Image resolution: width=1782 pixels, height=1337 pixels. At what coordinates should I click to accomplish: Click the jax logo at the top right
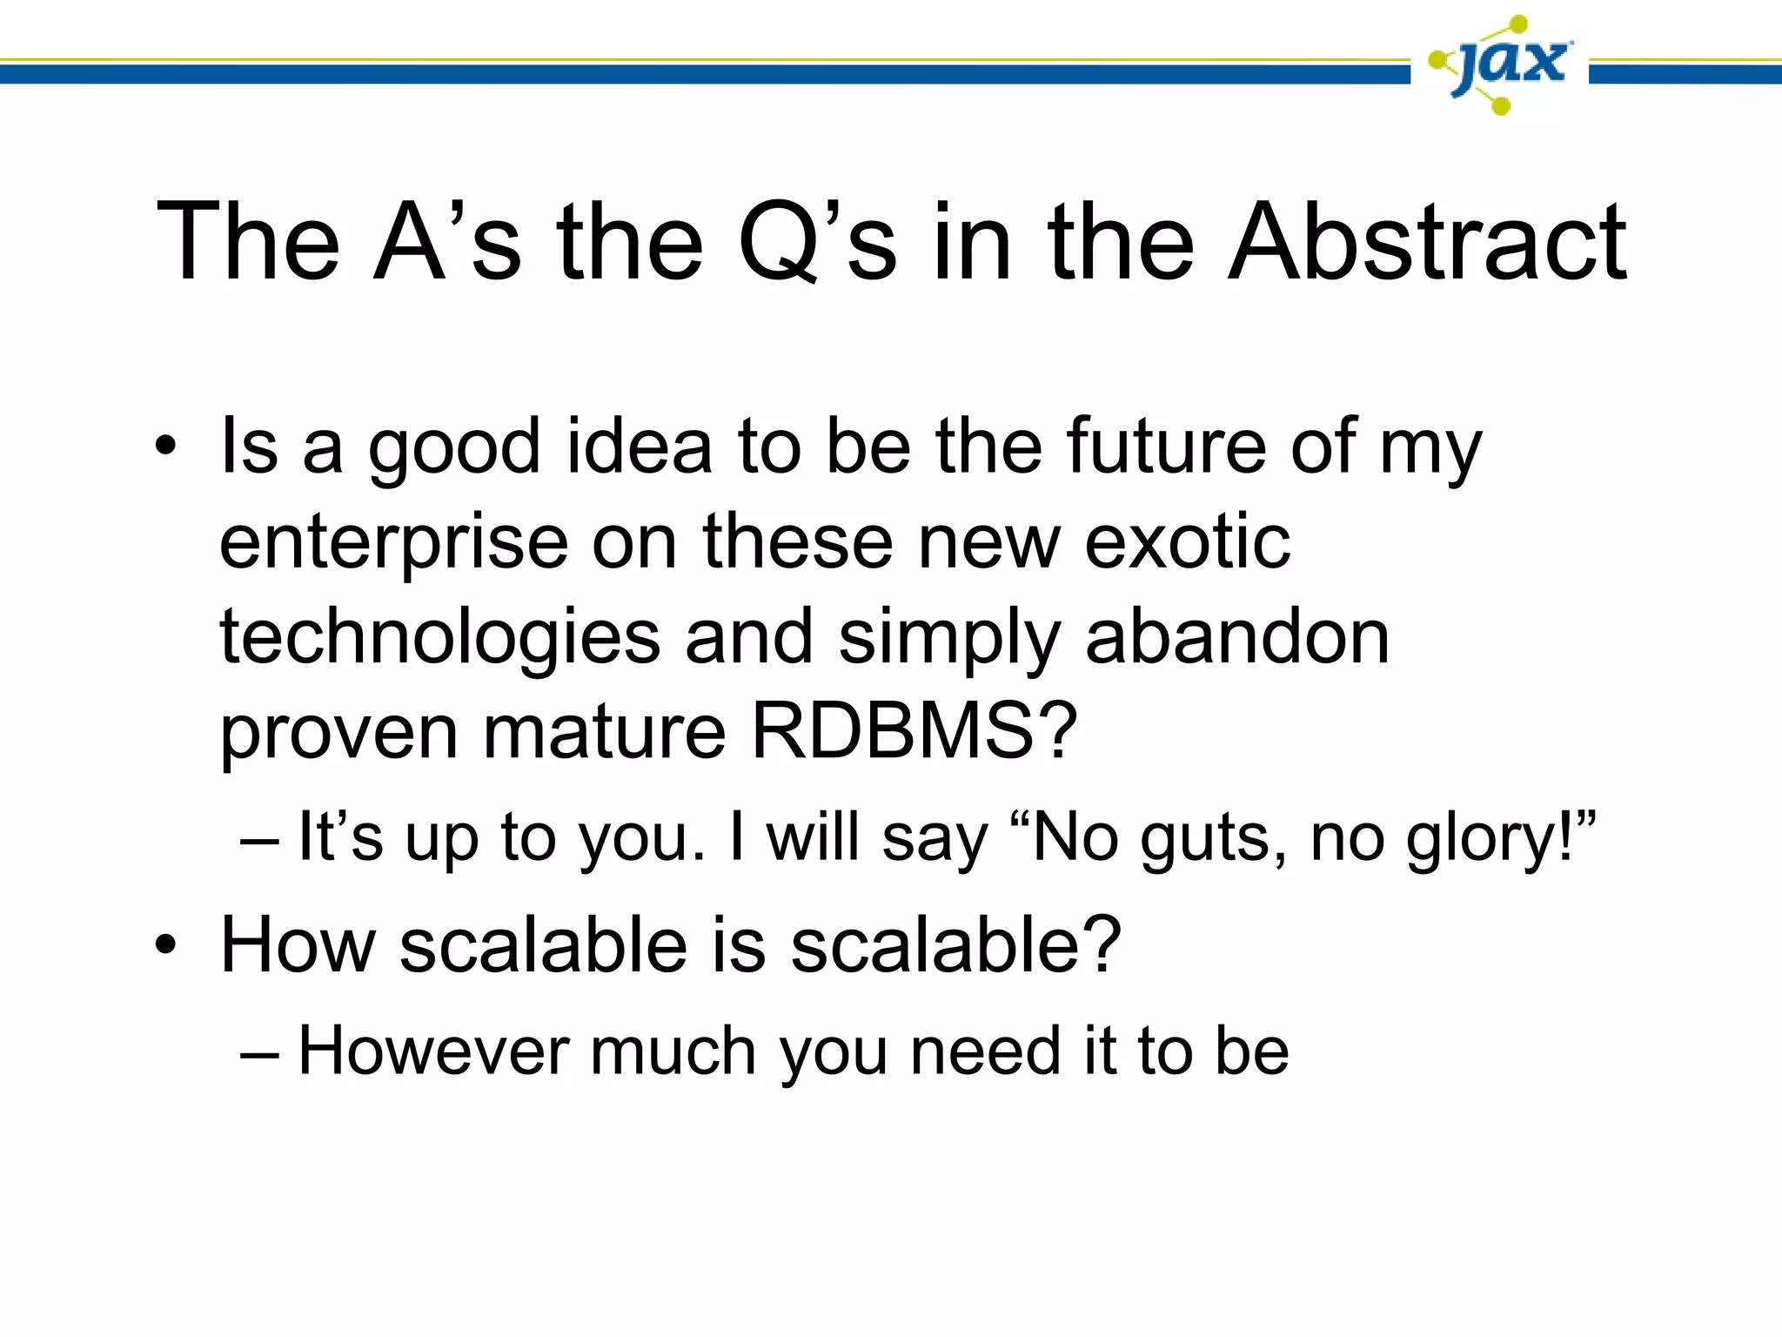[1500, 65]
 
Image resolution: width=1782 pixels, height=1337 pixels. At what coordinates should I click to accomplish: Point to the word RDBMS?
[914, 730]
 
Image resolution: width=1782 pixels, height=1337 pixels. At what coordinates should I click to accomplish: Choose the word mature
[604, 730]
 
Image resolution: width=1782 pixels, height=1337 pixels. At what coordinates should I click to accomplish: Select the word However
[433, 1051]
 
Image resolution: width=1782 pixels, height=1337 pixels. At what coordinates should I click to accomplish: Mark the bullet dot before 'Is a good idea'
[165, 447]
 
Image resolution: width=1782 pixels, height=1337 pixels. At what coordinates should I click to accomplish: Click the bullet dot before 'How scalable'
[165, 946]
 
